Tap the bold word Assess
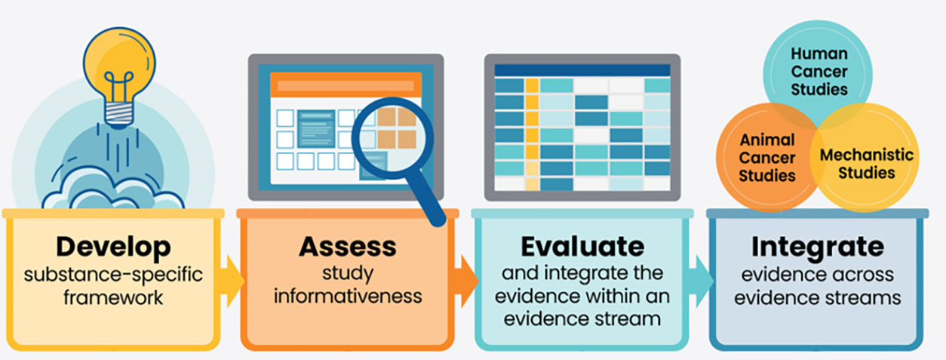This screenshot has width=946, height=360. pyautogui.click(x=348, y=246)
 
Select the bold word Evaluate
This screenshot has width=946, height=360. pyautogui.click(x=582, y=246)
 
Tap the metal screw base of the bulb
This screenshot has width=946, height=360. pyautogui.click(x=119, y=114)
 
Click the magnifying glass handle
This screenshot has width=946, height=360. pyautogui.click(x=425, y=198)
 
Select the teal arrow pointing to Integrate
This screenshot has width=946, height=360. pyautogui.click(x=701, y=281)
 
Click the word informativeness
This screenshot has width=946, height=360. pyautogui.click(x=348, y=296)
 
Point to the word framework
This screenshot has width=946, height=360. pyautogui.click(x=113, y=297)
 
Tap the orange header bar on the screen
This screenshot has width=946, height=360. pyautogui.click(x=346, y=85)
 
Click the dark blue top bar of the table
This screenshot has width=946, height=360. pyautogui.click(x=582, y=70)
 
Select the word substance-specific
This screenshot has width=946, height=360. pyautogui.click(x=113, y=275)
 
